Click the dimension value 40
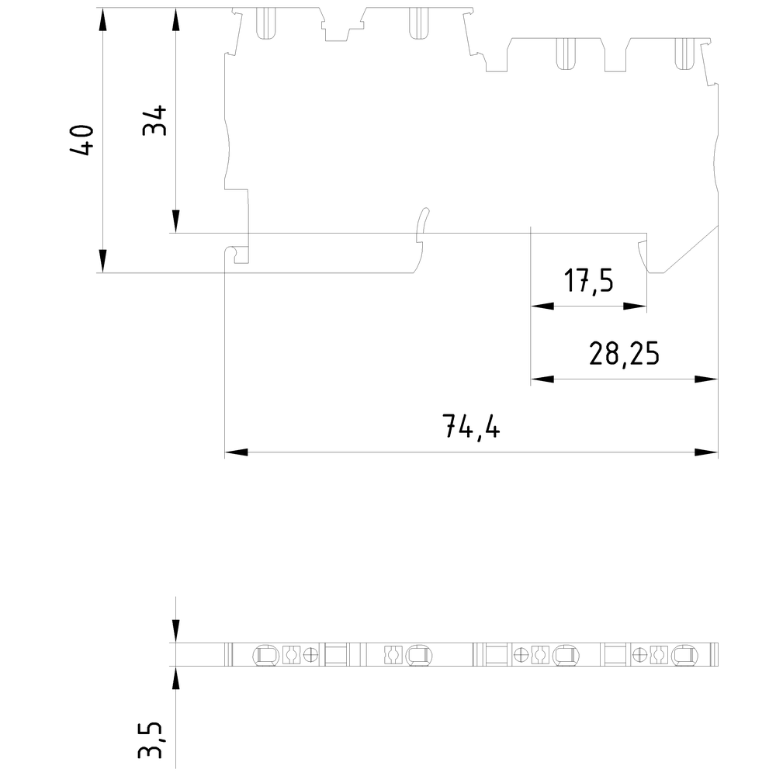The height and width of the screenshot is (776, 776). (82, 140)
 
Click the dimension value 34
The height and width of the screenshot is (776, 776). (155, 120)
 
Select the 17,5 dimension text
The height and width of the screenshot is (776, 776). (588, 281)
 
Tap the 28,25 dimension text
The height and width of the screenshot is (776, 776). (624, 354)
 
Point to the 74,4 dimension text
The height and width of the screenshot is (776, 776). (470, 426)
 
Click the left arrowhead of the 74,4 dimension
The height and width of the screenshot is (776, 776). (235, 452)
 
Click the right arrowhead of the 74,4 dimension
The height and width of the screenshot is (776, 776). (706, 452)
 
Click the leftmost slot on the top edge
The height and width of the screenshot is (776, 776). (266, 23)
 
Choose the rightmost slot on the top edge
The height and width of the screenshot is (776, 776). (684, 53)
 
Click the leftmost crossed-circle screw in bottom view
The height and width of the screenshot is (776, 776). (312, 655)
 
